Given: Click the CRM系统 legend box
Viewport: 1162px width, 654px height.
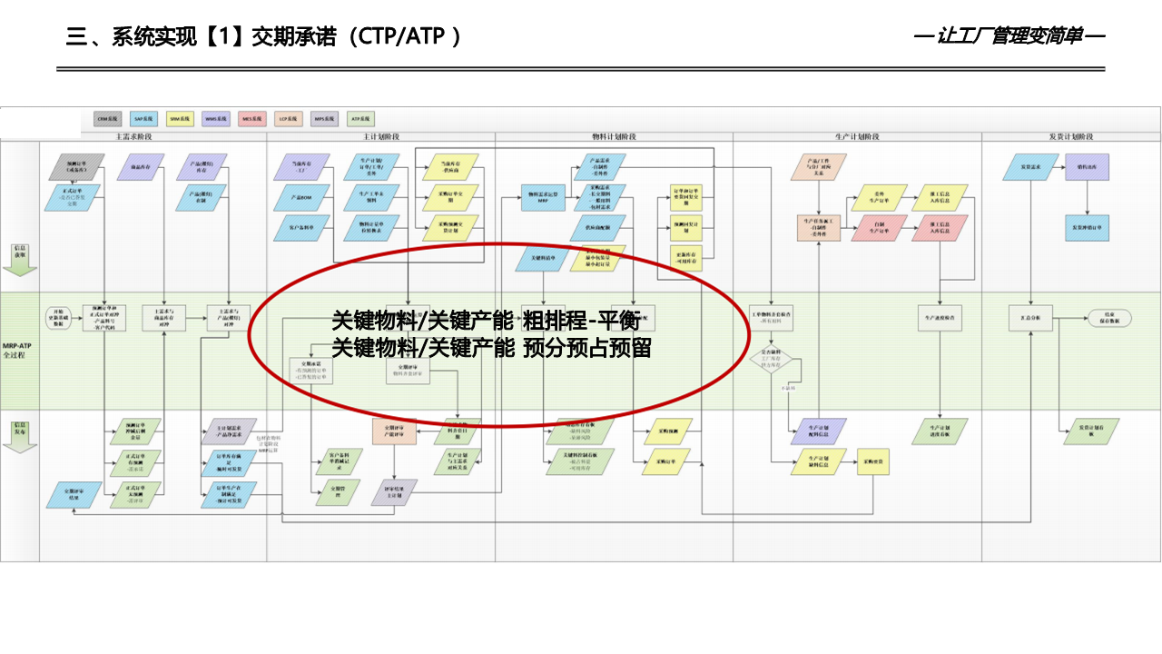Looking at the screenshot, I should pyautogui.click(x=108, y=118).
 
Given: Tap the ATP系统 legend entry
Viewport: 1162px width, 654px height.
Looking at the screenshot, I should pyautogui.click(x=360, y=118).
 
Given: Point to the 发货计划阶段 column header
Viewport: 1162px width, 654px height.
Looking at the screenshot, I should pyautogui.click(x=1070, y=136).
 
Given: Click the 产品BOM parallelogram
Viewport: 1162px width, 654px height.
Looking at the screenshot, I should pyautogui.click(x=301, y=197).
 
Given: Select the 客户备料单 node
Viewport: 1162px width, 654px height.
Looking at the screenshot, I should pyautogui.click(x=301, y=227).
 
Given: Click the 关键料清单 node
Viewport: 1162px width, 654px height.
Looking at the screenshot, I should pyautogui.click(x=543, y=259).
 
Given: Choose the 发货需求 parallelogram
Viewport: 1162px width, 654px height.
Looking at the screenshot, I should pyautogui.click(x=1029, y=167).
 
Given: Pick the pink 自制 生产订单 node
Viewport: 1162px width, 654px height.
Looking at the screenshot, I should pyautogui.click(x=879, y=227).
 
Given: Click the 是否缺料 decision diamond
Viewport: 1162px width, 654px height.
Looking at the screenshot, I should pyautogui.click(x=771, y=361).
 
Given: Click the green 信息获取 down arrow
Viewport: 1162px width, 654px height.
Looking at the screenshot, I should pyautogui.click(x=19, y=258).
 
